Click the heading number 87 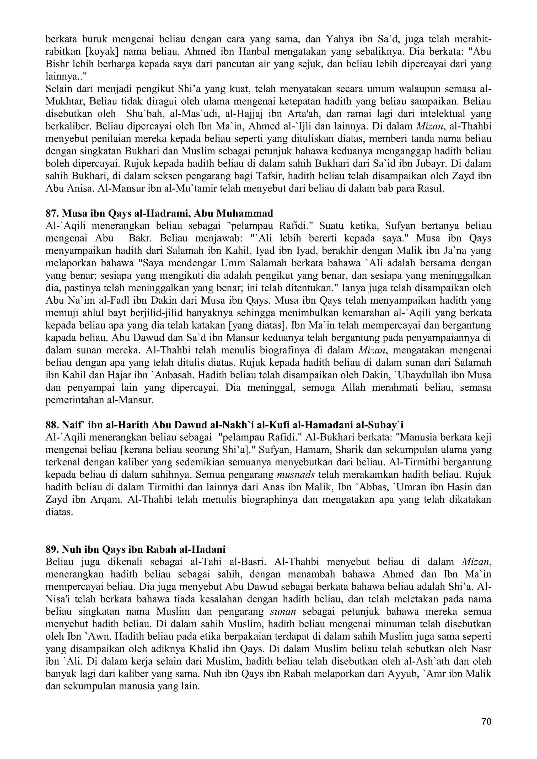[52, 214]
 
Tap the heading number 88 [52, 425]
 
